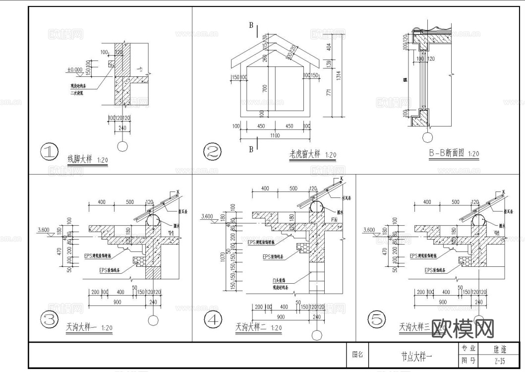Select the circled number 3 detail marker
point(49,321)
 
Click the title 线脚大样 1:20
point(87,160)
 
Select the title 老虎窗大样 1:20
point(313,155)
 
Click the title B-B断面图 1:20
point(454,154)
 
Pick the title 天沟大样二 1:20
point(258,327)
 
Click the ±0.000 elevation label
point(76,70)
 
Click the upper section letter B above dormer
point(251,25)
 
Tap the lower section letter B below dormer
point(251,148)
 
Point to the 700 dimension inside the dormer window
point(265,88)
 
